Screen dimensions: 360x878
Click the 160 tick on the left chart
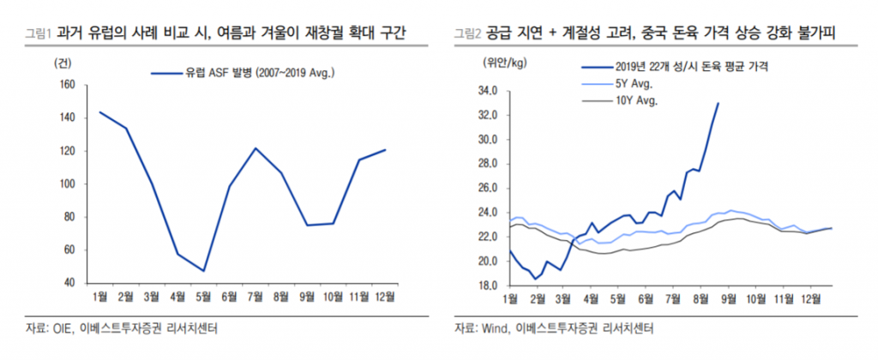coord(66,85)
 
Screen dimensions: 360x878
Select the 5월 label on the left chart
coord(204,297)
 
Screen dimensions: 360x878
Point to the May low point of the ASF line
coord(204,271)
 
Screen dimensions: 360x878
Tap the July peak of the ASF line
coord(256,148)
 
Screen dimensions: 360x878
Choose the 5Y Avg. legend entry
coord(634,83)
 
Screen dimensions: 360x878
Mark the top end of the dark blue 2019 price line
coord(718,103)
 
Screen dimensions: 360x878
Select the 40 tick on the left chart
coord(69,282)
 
